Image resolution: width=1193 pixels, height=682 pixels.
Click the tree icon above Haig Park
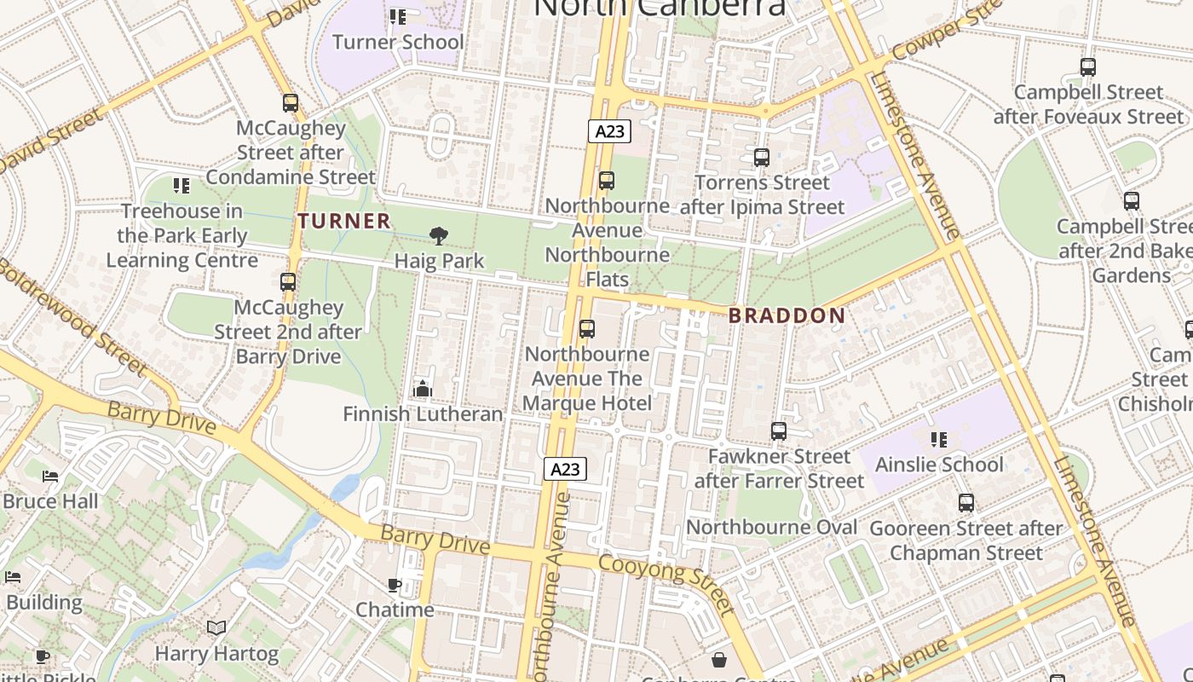439,236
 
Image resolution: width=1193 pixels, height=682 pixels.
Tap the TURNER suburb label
344,221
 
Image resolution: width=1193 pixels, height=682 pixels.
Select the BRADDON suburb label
787,315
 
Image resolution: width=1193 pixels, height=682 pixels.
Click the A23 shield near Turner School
609,131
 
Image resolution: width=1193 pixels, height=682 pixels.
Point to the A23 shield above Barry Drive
566,468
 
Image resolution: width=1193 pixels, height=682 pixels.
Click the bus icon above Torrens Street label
762,158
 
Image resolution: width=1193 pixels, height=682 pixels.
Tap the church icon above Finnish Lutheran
423,389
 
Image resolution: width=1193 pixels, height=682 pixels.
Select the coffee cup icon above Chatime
395,585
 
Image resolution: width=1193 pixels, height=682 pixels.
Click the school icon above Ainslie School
939,440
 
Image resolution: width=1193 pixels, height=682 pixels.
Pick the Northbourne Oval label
771,527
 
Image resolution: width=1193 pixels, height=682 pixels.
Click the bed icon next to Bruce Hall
51,476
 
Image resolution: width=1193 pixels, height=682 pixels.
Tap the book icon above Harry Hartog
216,628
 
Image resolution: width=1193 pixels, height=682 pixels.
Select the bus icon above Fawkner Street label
779,431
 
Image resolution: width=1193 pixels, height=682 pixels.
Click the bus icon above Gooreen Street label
965,503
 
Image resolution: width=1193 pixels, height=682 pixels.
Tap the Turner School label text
398,42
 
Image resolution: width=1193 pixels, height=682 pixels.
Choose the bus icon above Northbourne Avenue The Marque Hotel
587,329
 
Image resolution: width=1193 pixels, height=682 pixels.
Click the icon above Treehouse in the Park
182,185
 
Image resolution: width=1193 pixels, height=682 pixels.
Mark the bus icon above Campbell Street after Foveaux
1088,67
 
